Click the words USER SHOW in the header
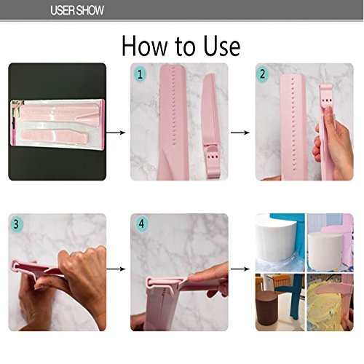point(77,10)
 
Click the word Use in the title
point(222,46)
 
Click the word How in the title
point(144,46)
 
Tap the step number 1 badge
point(140,74)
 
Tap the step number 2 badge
point(262,74)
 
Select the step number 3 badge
point(16,224)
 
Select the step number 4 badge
point(141,223)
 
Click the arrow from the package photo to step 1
point(116,132)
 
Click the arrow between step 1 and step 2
point(240,132)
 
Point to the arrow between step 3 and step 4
point(116,269)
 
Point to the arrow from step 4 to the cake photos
point(240,269)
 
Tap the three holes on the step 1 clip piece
point(213,157)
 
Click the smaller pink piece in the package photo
point(55,137)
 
